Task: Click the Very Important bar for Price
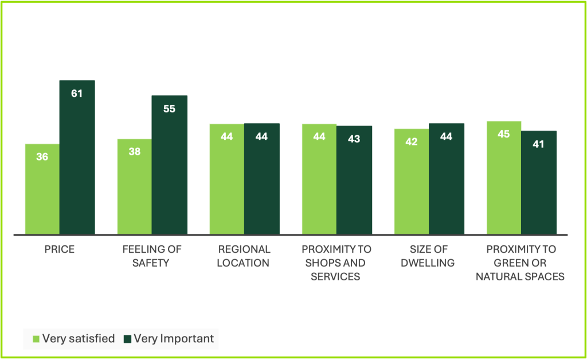tap(77, 158)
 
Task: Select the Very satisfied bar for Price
tap(42, 189)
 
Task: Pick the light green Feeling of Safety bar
tap(134, 186)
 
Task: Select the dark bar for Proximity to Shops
tap(354, 180)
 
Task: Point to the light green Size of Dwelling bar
tap(411, 181)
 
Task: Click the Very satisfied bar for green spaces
tap(503, 178)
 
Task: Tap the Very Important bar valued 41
tap(539, 182)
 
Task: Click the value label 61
tap(77, 93)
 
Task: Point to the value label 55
tap(169, 108)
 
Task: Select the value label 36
tap(42, 156)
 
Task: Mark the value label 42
tap(411, 142)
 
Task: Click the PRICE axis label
tap(60, 249)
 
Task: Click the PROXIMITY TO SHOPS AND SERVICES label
tap(336, 263)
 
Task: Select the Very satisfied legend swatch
tap(36, 339)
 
